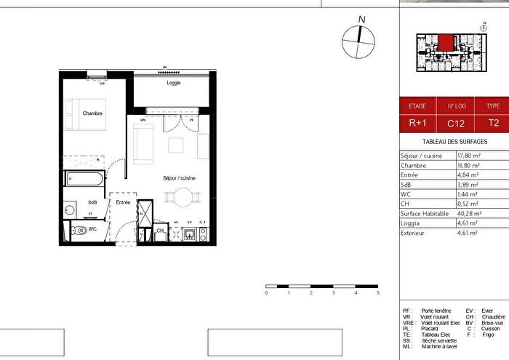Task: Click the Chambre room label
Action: pos(92,113)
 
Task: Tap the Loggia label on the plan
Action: pos(173,84)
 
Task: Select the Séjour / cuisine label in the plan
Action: pos(179,178)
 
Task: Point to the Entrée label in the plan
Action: pos(122,202)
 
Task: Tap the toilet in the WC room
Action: pos(79,231)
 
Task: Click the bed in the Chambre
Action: pos(91,116)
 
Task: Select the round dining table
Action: pos(180,196)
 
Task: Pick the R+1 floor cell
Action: pos(417,123)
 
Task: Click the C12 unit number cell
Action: pos(456,123)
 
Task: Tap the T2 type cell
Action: pos(494,123)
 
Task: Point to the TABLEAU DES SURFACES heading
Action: pos(454,142)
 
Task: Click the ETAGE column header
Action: pos(417,105)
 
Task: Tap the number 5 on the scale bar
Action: pos(378,293)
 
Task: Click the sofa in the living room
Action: pos(143,143)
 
